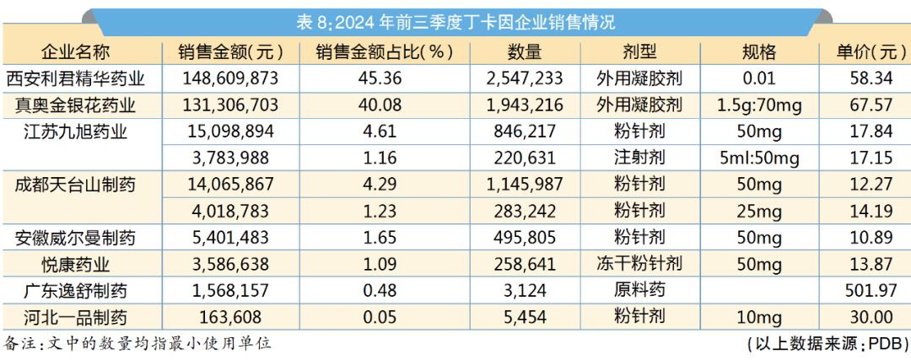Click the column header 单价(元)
click(866, 52)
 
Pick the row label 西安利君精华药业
click(76, 79)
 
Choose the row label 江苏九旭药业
click(76, 132)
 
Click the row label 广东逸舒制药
click(76, 291)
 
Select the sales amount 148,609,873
click(230, 79)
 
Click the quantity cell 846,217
click(521, 132)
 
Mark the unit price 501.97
click(866, 291)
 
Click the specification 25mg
click(759, 212)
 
